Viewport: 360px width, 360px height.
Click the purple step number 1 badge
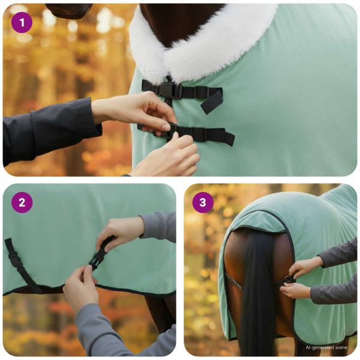click(22, 22)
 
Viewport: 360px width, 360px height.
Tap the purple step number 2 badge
click(22, 202)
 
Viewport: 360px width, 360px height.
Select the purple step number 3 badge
click(203, 202)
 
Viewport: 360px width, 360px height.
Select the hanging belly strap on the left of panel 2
click(18, 264)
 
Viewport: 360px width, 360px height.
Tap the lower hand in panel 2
click(81, 288)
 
